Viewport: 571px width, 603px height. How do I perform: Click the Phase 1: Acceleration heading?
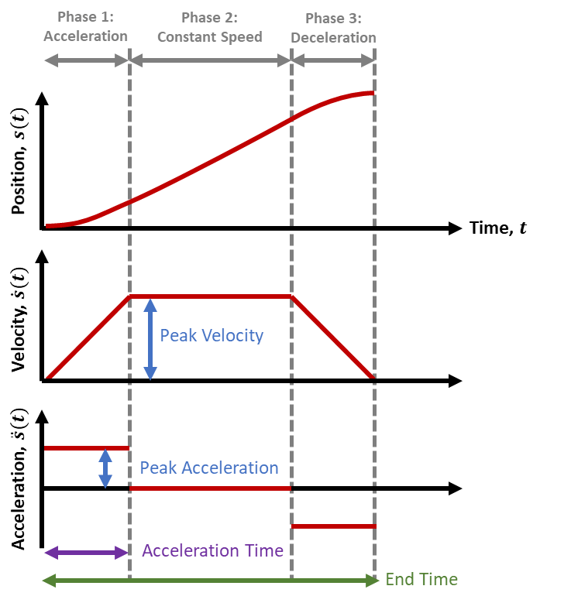coord(85,26)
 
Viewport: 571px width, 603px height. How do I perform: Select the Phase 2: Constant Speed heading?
coord(209,26)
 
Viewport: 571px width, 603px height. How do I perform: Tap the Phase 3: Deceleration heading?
coord(333,28)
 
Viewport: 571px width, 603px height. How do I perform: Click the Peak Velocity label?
coord(212,335)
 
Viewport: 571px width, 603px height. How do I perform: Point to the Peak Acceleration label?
coord(208,468)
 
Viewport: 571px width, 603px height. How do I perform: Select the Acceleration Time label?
coord(212,551)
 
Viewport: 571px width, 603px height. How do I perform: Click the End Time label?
coord(421,579)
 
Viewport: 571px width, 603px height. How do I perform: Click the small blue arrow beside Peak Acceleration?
coord(105,468)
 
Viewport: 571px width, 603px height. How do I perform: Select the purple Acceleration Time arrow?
coord(85,553)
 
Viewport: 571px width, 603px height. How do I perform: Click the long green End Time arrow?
coord(209,580)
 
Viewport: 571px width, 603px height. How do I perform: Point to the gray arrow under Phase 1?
coord(85,60)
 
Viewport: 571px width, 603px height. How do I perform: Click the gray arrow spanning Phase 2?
coord(210,60)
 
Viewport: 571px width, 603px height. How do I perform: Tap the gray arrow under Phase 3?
coord(333,60)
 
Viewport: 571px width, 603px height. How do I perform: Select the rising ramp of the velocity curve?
coord(88,337)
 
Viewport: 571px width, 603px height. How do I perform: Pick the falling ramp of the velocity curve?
coord(333,337)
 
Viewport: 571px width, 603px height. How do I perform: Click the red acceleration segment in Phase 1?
coord(85,447)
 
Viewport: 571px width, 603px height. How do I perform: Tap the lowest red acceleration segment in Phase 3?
coord(333,526)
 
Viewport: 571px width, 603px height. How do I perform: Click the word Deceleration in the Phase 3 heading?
coord(333,37)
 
